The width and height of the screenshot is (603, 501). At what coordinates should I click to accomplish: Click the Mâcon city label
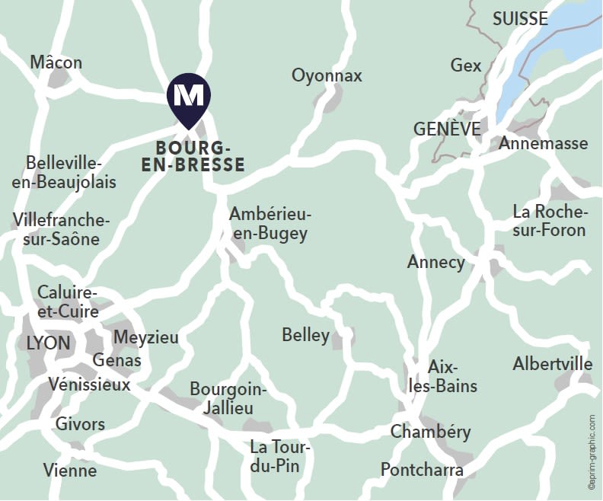(56, 62)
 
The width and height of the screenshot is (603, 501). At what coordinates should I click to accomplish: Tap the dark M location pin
(189, 97)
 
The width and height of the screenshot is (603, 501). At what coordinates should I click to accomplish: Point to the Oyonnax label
(327, 75)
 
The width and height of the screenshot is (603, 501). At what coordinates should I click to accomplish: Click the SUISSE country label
(520, 18)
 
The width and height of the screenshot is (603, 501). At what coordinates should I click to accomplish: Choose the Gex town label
(466, 65)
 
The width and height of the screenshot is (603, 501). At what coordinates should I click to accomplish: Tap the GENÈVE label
(447, 129)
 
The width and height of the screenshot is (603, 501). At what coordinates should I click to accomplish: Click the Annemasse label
(544, 143)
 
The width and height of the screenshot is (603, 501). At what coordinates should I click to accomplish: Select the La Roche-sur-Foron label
(549, 221)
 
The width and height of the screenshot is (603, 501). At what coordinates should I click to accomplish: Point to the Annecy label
(435, 262)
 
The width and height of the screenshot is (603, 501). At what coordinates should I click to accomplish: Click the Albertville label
(552, 363)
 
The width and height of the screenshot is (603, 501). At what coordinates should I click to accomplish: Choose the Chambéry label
(430, 432)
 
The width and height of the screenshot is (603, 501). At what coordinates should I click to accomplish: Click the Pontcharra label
(422, 469)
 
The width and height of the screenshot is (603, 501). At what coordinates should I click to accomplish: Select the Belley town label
(305, 335)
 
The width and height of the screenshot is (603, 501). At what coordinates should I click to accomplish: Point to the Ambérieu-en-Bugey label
(270, 224)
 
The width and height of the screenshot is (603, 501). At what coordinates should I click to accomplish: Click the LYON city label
(48, 343)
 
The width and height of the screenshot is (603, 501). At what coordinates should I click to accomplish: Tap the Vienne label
(70, 470)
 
